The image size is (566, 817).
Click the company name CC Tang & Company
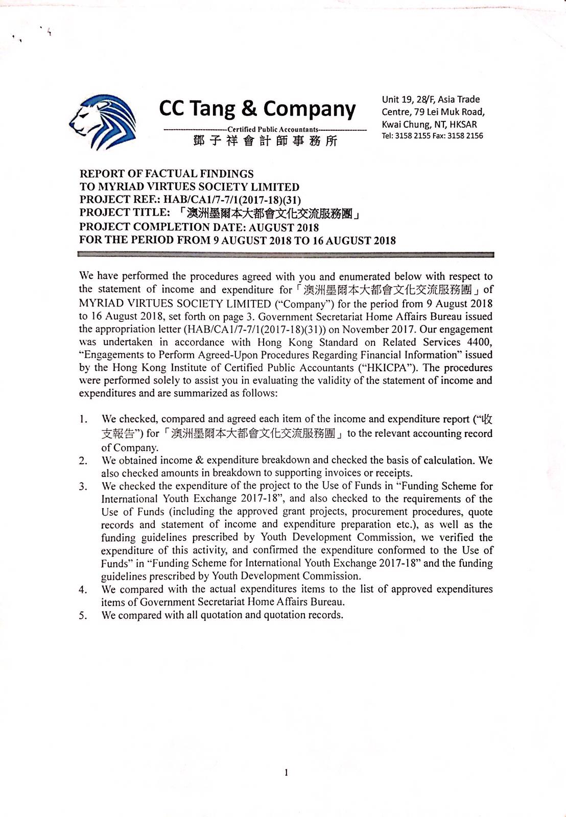(257, 109)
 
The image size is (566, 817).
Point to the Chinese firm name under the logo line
(265, 141)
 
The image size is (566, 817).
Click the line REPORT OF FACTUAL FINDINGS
(167, 174)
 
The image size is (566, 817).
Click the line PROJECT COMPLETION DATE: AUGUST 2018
(199, 227)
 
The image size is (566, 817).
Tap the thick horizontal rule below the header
(286, 254)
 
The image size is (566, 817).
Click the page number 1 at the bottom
(286, 773)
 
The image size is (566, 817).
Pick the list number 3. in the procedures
(83, 486)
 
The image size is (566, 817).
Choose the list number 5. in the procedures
(83, 615)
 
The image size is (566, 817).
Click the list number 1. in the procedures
(83, 420)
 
